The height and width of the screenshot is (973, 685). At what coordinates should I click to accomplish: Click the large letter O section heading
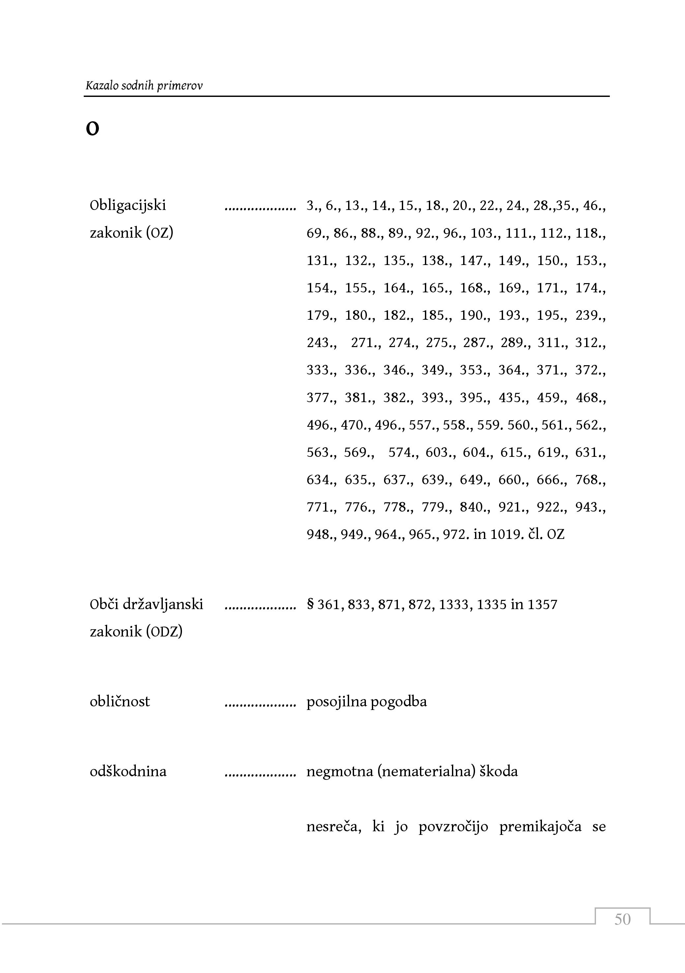point(92,129)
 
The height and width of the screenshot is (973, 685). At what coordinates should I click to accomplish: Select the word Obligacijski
point(128,206)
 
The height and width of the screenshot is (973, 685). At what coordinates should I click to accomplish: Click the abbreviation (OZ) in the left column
point(159,233)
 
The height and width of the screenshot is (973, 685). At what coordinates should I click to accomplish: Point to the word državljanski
point(163,604)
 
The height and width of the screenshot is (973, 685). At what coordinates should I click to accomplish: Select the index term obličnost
point(120,701)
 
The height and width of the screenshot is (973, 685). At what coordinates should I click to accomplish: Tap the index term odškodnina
point(128,771)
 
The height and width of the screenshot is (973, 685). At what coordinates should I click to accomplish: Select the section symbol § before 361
point(310,604)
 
